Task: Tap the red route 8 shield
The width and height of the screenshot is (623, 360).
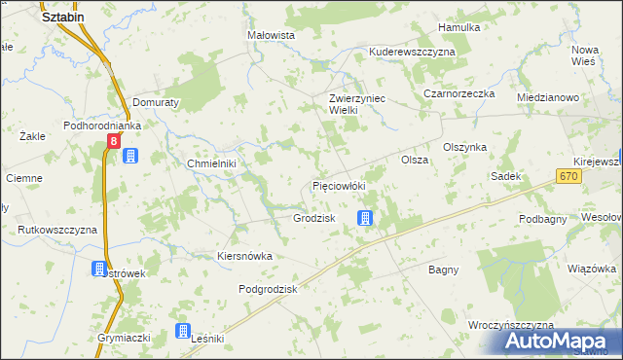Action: point(114,141)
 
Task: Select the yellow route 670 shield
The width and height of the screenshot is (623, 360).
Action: point(569,175)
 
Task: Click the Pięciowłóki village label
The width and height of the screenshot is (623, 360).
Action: point(338,185)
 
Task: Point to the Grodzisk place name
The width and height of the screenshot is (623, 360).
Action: point(314,218)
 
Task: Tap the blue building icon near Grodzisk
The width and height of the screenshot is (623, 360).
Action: point(365,218)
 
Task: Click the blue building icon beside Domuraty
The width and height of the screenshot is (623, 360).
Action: point(131,156)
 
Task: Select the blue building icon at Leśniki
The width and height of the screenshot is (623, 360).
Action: point(182,332)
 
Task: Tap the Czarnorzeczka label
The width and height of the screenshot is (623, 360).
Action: point(459,93)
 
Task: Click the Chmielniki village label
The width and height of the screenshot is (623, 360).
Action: point(212,163)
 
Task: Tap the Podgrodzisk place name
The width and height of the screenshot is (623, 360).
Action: point(268,289)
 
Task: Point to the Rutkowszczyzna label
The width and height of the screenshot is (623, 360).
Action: point(57,230)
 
